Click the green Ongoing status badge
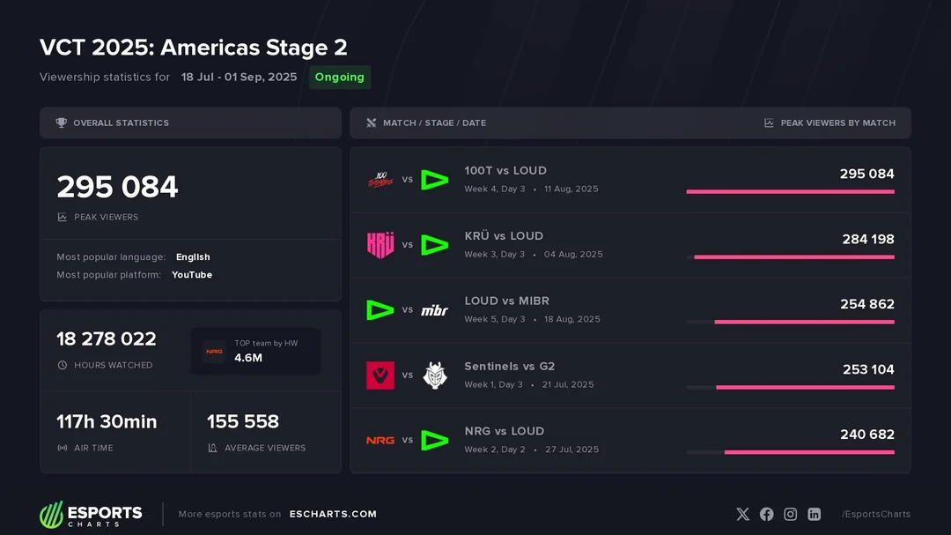(339, 78)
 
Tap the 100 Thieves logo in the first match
(380, 179)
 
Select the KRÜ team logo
(380, 244)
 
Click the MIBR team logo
(434, 310)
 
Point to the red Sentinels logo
(380, 375)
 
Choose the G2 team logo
(434, 375)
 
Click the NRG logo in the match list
(380, 440)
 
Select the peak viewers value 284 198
(867, 239)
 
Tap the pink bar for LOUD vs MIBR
(804, 322)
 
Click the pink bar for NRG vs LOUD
(809, 452)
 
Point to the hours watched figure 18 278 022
(107, 339)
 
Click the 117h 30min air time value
(107, 421)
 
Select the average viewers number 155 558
(243, 421)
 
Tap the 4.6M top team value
(247, 358)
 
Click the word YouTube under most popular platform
(192, 275)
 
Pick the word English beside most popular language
(193, 257)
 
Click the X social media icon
(742, 514)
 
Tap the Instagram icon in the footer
(790, 514)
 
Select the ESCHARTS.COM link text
(333, 514)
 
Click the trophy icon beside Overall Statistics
(61, 123)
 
